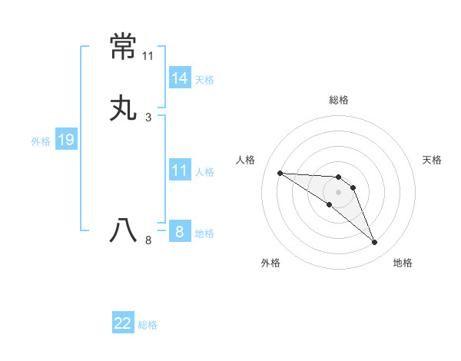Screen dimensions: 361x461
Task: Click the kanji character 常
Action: (123, 48)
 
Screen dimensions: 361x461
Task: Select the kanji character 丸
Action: (123, 108)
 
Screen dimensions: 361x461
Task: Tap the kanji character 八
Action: (123, 230)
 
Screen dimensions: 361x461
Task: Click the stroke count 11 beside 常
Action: (148, 56)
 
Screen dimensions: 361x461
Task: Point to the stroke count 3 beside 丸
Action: (148, 117)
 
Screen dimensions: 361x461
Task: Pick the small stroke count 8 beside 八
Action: (148, 240)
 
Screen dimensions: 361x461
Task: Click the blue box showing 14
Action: (180, 78)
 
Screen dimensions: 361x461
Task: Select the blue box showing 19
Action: (66, 140)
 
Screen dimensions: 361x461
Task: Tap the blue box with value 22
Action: (123, 323)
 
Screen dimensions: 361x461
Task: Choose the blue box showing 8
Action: (180, 231)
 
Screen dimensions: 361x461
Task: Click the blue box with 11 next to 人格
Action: (180, 171)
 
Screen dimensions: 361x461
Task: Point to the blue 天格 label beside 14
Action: (204, 79)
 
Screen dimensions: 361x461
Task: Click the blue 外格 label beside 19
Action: (41, 141)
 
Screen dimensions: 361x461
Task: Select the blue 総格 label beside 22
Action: (148, 325)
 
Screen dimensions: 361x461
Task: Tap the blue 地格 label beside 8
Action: (204, 233)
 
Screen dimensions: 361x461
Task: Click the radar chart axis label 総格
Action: (339, 100)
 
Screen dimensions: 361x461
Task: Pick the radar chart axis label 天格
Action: (432, 160)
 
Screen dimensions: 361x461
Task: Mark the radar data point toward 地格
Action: (375, 243)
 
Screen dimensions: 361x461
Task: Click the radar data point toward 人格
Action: (280, 173)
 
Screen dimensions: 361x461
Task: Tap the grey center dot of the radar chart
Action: (339, 192)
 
